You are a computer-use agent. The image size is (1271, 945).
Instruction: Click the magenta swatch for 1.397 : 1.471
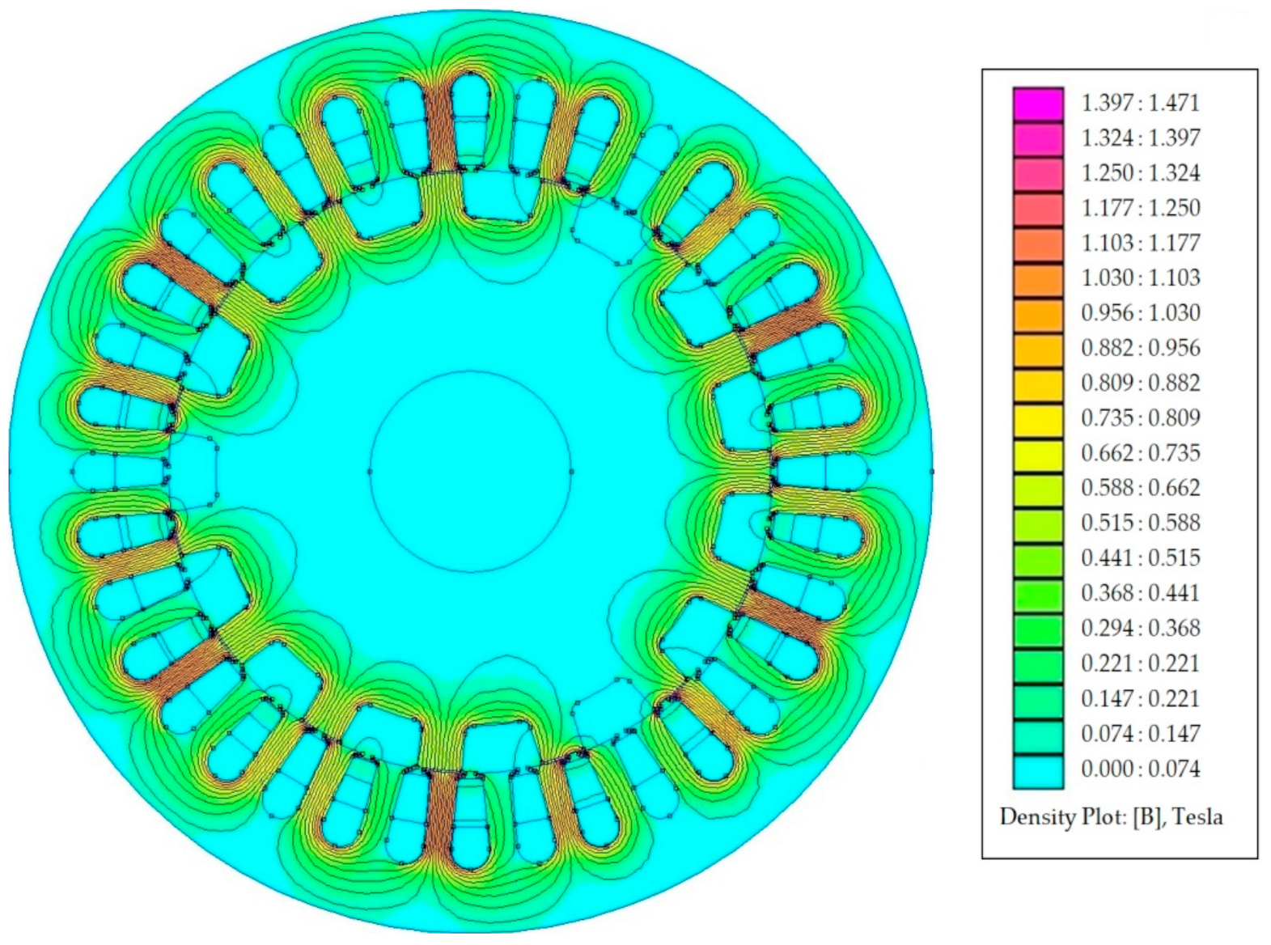point(1038,104)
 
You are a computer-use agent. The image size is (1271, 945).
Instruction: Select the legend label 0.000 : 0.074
point(1141,769)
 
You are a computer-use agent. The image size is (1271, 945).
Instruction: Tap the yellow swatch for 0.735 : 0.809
point(1038,421)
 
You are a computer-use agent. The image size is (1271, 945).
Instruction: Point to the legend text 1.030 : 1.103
point(1141,278)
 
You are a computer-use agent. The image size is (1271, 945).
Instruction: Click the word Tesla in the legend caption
point(1197,816)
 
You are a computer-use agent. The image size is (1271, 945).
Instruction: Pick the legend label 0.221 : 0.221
point(1141,663)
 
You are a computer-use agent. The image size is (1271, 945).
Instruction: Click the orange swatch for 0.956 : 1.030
point(1038,315)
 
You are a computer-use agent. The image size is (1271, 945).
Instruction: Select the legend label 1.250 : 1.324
point(1141,173)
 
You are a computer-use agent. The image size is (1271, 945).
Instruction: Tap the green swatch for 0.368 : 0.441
point(1038,596)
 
